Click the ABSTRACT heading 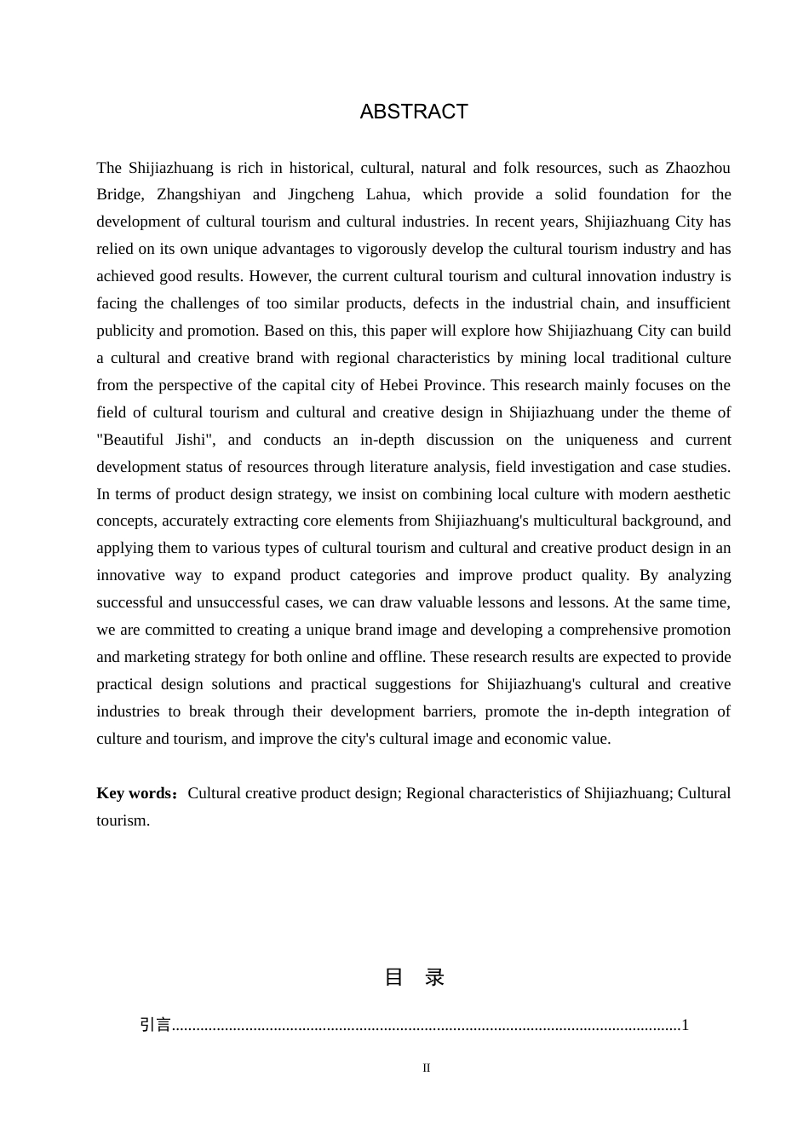point(414,112)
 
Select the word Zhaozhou point(697,168)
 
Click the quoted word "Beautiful point(130,440)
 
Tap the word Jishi point(192,440)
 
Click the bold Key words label point(138,793)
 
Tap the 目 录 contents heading point(415,977)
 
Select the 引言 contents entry point(156,1025)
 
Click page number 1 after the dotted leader point(686,1025)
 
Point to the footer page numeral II point(427,1068)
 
